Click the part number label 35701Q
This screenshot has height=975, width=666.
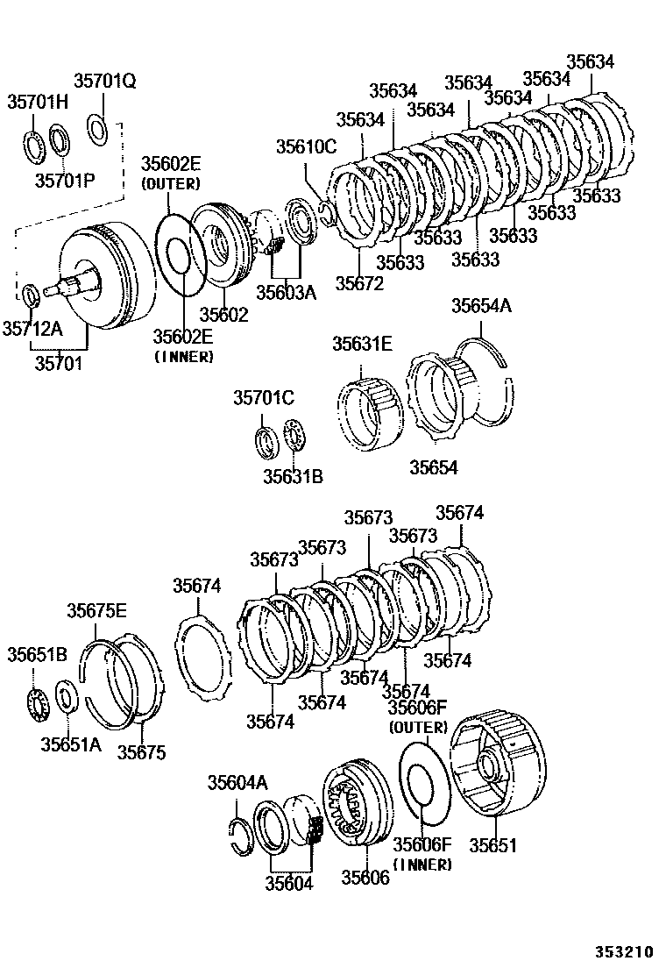pos(104,82)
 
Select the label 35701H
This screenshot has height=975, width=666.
pos(38,102)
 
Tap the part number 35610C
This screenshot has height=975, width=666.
pos(306,146)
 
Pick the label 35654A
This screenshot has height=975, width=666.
pos(481,305)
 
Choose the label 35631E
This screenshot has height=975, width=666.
pos(361,344)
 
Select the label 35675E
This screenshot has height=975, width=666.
pos(97,610)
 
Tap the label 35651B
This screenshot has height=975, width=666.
pos(37,655)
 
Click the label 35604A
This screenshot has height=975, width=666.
pos(237,783)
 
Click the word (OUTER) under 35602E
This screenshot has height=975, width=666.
pos(171,184)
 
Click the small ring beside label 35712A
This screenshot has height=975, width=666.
pos(29,295)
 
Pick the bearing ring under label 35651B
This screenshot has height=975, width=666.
pos(38,702)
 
